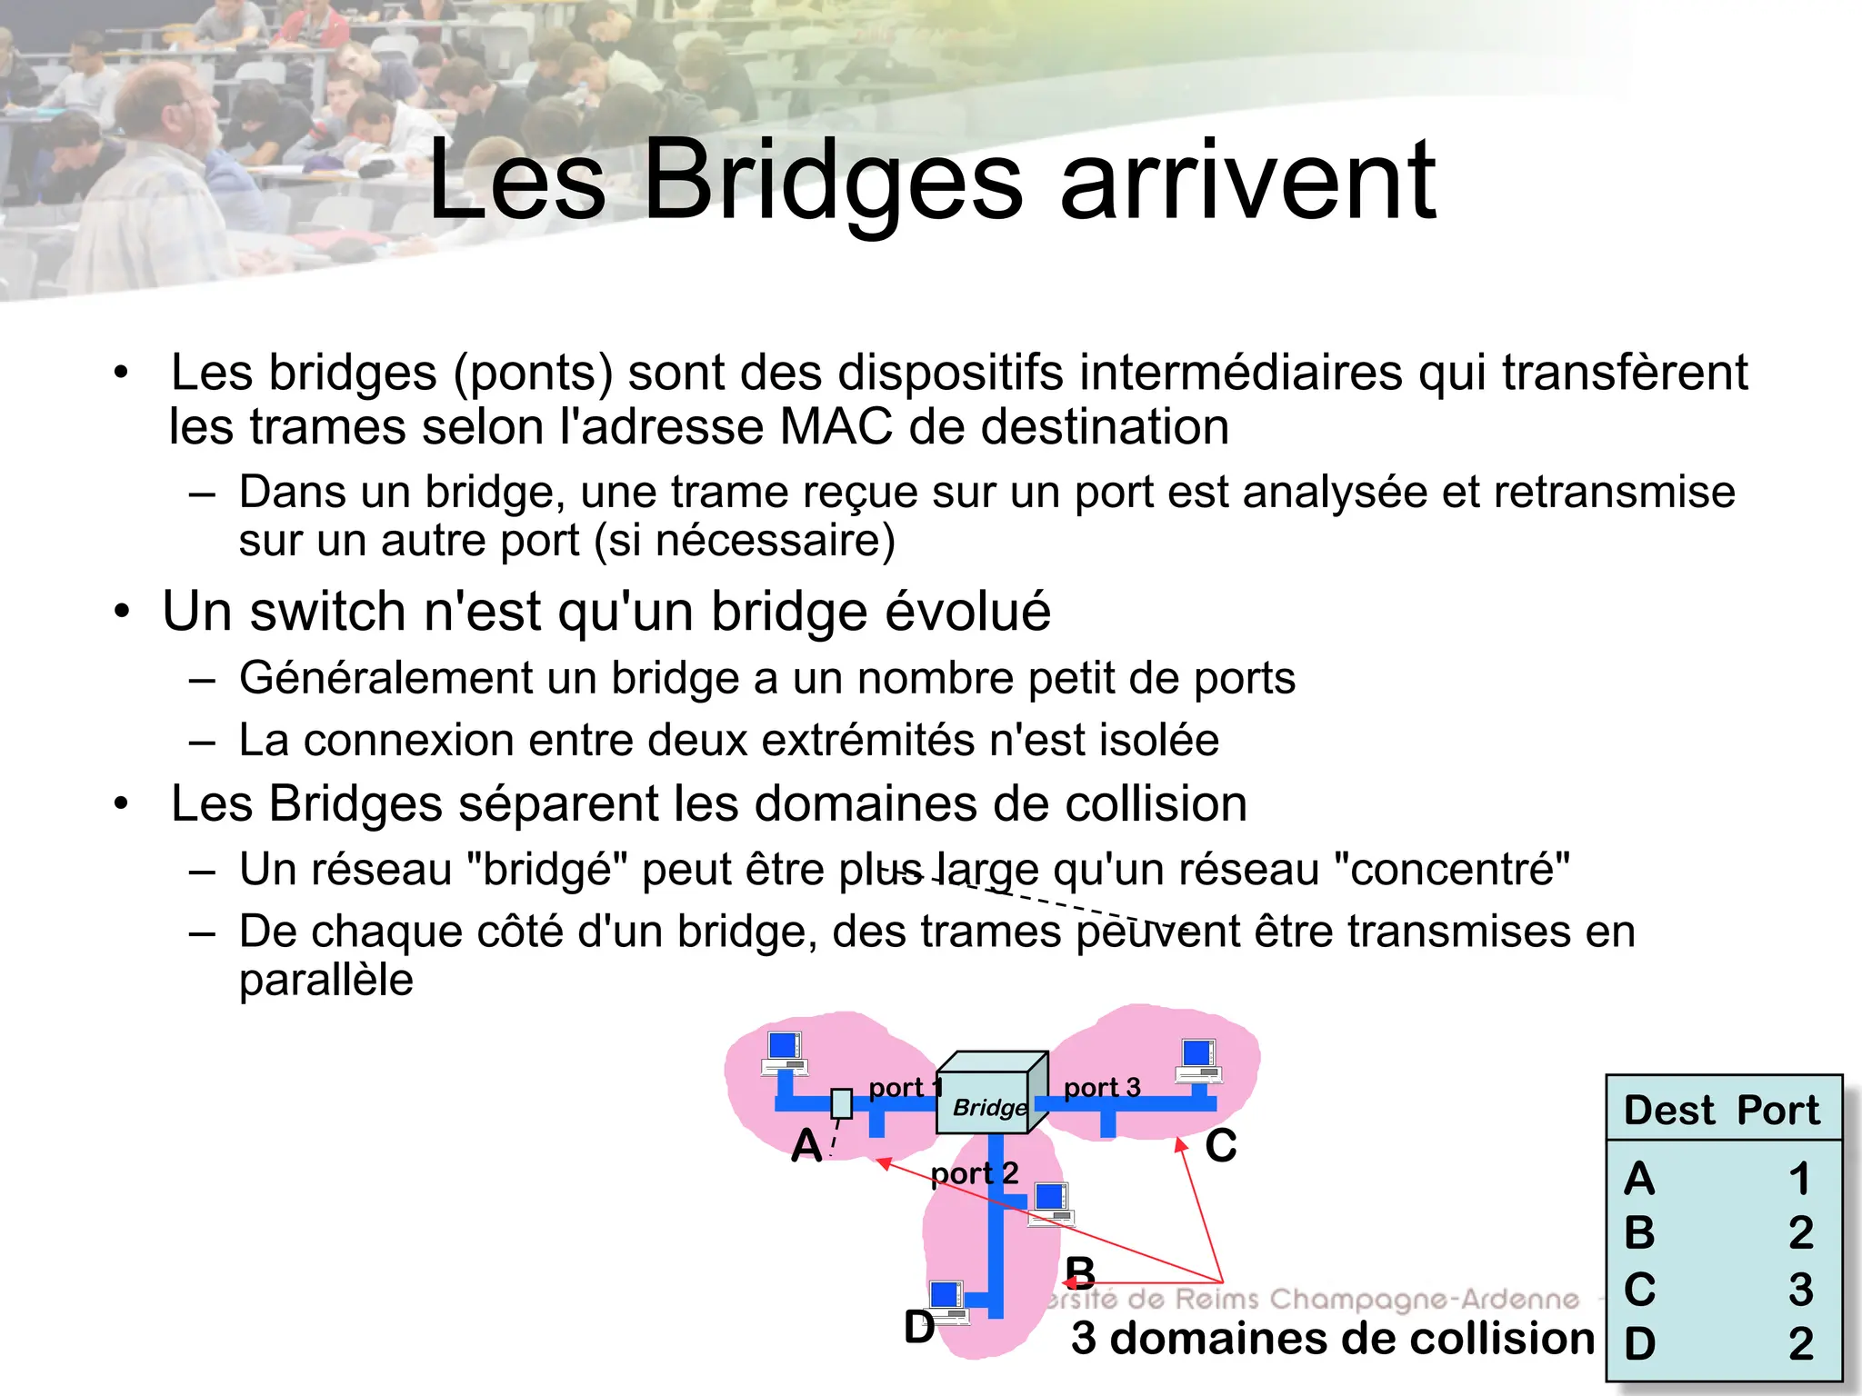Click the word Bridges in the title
pos(833,182)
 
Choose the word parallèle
pos(325,980)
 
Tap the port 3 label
pos(1101,1087)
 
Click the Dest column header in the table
pos(1669,1110)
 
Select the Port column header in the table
pos(1777,1110)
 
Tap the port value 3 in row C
pos(1800,1289)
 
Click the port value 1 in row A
pos(1800,1179)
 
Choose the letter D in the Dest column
pos(1639,1343)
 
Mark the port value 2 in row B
pos(1800,1233)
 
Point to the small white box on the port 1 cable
pos(842,1103)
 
